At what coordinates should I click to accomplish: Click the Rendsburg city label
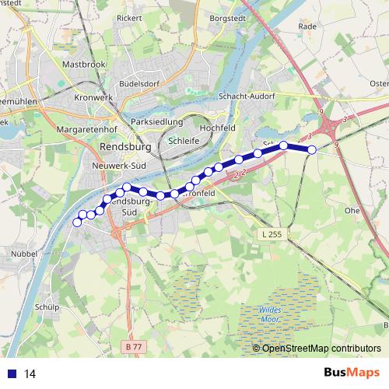(x=123, y=147)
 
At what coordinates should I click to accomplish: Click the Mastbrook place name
(x=83, y=64)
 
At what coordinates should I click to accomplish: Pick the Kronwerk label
(x=94, y=97)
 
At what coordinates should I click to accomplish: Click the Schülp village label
(x=47, y=307)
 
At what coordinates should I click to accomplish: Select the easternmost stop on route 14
(x=312, y=150)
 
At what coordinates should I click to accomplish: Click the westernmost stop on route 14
(x=77, y=223)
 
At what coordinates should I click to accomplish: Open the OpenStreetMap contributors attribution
(x=321, y=349)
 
